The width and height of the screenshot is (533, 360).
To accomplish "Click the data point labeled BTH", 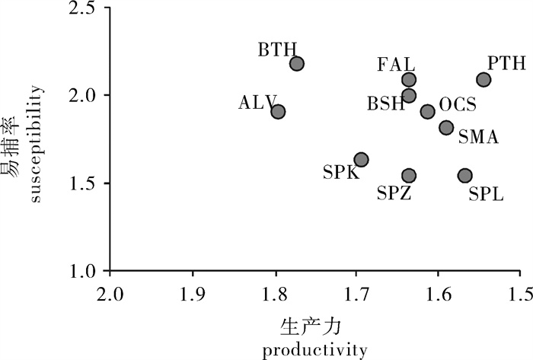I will coord(297,64).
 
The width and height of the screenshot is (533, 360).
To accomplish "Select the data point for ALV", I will coord(278,112).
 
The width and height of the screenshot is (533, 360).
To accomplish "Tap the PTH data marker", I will coord(484,80).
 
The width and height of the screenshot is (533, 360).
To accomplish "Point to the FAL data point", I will coord(409,80).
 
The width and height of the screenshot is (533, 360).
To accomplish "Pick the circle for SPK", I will coord(362,160).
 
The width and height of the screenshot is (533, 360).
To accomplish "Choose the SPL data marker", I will coord(464,176).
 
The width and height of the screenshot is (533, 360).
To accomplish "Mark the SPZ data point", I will coord(409,176).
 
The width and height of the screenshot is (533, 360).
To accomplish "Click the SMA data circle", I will coord(446,128).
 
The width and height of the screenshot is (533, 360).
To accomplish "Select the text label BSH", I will coord(385,104).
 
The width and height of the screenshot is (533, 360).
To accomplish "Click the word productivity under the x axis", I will coord(314,352).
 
